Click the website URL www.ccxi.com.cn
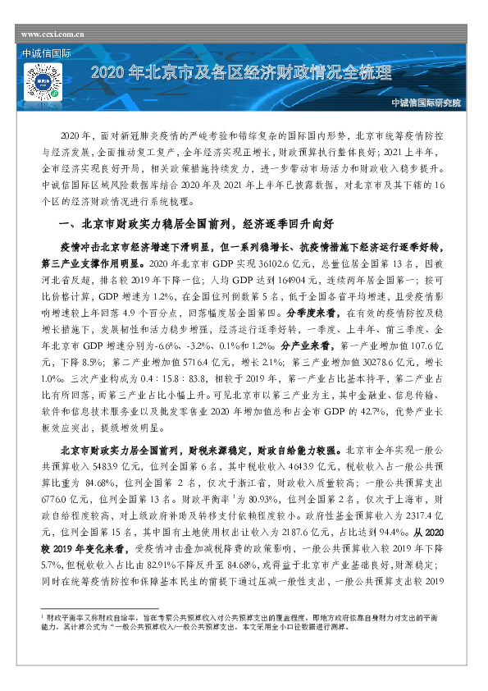(x=53, y=35)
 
